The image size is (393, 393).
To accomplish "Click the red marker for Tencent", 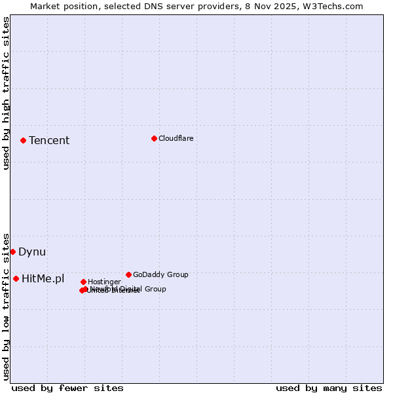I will click(x=23, y=140).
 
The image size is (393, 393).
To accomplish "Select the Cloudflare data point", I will click(x=154, y=138).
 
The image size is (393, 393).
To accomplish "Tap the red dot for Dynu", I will click(x=12, y=252).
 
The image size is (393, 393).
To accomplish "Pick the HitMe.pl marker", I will click(x=16, y=278).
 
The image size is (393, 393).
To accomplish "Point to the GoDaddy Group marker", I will click(x=128, y=274).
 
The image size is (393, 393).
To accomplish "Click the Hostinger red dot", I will click(x=83, y=282).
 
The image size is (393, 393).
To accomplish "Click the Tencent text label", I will click(x=49, y=140).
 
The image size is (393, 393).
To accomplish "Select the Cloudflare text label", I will click(x=176, y=138).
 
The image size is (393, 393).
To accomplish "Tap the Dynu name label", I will click(x=32, y=252).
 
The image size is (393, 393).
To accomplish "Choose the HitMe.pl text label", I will click(x=43, y=278).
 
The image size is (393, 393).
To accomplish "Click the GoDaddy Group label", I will click(x=160, y=274).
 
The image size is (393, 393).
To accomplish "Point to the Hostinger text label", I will click(x=104, y=282).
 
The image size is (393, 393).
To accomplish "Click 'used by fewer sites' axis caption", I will click(x=67, y=388).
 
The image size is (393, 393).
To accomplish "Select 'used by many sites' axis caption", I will click(x=329, y=388).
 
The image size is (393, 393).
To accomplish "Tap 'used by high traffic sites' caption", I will click(x=7, y=93).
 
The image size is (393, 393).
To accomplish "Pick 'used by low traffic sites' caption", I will click(x=7, y=307).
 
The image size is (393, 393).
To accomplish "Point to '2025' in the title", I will click(x=289, y=6).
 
